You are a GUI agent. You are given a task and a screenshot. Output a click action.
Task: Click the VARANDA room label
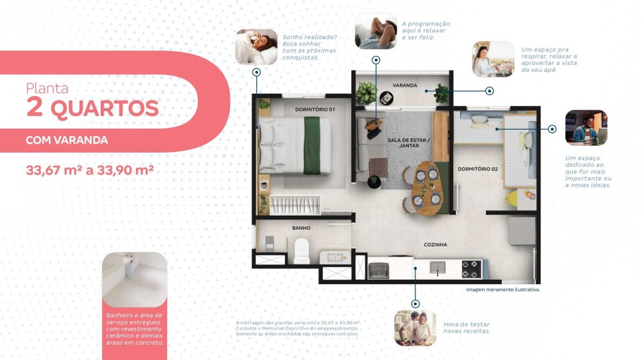[404, 85]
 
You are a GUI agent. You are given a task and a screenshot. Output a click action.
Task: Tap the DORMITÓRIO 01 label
[315, 110]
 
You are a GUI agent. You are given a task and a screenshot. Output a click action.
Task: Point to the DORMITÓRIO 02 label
[478, 169]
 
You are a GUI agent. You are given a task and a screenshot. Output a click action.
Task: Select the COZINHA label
[435, 244]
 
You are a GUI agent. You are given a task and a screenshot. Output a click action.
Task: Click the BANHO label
[301, 228]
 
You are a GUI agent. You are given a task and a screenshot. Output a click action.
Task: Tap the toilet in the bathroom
[302, 251]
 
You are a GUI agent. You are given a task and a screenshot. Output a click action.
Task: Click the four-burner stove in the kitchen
[471, 270]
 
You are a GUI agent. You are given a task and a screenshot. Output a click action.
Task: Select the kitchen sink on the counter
[437, 268]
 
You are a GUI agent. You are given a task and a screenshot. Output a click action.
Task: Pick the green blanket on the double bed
[312, 145]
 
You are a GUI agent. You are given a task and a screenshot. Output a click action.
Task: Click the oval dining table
[426, 188]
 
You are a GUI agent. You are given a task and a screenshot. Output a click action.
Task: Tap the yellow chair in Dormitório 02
[512, 199]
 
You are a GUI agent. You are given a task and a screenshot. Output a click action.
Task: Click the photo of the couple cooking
[415, 328]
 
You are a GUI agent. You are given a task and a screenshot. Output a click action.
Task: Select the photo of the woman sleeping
[256, 47]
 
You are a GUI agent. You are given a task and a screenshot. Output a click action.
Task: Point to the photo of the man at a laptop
[586, 128]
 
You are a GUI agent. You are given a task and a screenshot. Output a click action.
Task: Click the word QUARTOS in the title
[105, 109]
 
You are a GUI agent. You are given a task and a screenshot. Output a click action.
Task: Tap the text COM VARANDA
[67, 141]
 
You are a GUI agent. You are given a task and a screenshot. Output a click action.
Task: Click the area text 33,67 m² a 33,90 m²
[90, 170]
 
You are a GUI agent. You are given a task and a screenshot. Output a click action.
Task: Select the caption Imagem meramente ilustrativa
[503, 289]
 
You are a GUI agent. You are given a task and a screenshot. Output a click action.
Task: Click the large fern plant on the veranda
[366, 93]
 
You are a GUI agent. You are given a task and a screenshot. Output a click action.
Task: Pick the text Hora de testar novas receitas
[466, 328]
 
